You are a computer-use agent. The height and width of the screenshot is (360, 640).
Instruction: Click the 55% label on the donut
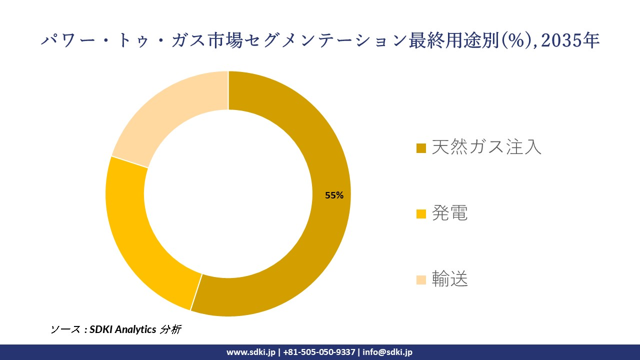tap(334, 195)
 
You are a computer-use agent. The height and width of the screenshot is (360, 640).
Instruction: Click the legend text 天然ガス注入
tap(486, 147)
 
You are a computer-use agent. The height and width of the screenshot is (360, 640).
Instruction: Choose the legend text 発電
tap(449, 213)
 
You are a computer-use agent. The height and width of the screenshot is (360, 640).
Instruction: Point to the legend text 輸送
tap(449, 279)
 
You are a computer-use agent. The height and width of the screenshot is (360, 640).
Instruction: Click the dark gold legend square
tap(421, 148)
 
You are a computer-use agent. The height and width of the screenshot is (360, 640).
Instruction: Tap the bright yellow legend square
tap(421, 214)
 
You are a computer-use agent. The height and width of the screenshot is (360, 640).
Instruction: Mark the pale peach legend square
tap(421, 280)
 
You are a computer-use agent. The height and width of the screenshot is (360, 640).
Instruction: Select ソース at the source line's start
tap(65, 329)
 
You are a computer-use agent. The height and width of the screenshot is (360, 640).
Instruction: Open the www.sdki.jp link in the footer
tap(251, 352)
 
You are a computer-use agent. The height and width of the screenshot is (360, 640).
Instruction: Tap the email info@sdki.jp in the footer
tap(387, 352)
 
